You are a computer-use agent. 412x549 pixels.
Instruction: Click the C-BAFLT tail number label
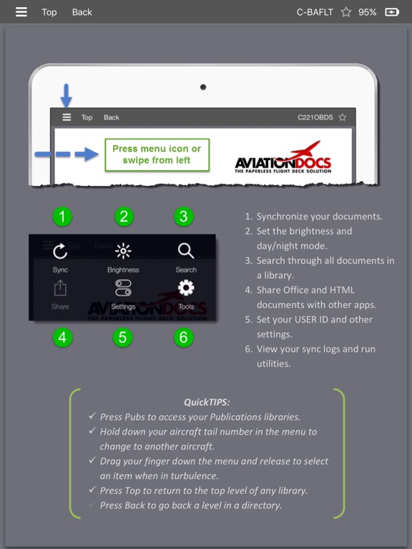(315, 12)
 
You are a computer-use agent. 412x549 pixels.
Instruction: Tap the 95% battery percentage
(367, 12)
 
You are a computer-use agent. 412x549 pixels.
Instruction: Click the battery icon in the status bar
(392, 12)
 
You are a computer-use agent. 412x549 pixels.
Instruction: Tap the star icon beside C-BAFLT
(345, 12)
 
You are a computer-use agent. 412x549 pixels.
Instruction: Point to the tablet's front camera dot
(203, 87)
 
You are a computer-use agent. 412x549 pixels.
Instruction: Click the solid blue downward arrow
(67, 95)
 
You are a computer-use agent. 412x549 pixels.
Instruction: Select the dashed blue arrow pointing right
(67, 154)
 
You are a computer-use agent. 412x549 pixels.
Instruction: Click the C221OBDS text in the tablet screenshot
(315, 117)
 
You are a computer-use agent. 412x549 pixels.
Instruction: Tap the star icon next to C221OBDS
(343, 117)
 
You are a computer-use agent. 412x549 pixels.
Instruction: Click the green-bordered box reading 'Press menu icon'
(157, 154)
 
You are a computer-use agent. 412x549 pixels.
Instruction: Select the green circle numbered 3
(183, 217)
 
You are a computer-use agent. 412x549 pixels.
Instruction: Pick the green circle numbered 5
(122, 337)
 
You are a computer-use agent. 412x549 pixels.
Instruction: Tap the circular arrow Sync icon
(60, 251)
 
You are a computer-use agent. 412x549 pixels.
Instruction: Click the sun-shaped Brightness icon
(123, 251)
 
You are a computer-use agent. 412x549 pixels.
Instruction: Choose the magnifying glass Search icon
(186, 251)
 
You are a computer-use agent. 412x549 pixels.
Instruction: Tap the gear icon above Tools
(186, 288)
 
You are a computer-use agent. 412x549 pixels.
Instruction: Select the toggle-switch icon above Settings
(123, 288)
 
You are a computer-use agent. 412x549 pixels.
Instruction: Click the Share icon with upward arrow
(60, 288)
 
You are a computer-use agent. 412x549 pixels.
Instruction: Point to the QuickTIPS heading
(207, 402)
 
